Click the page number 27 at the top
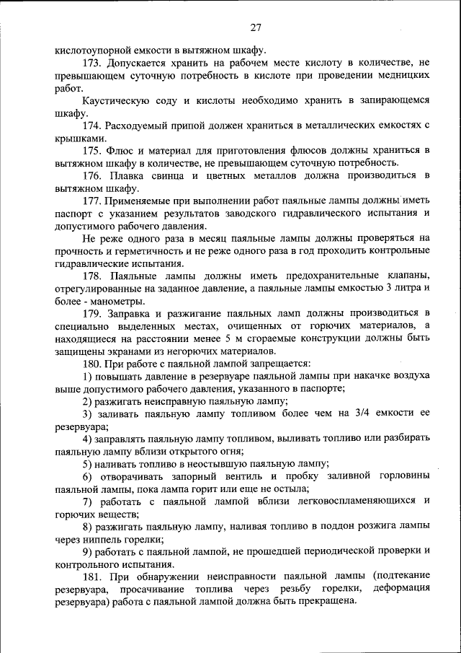(x=256, y=28)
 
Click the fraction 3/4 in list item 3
(x=360, y=414)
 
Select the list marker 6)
(x=87, y=476)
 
